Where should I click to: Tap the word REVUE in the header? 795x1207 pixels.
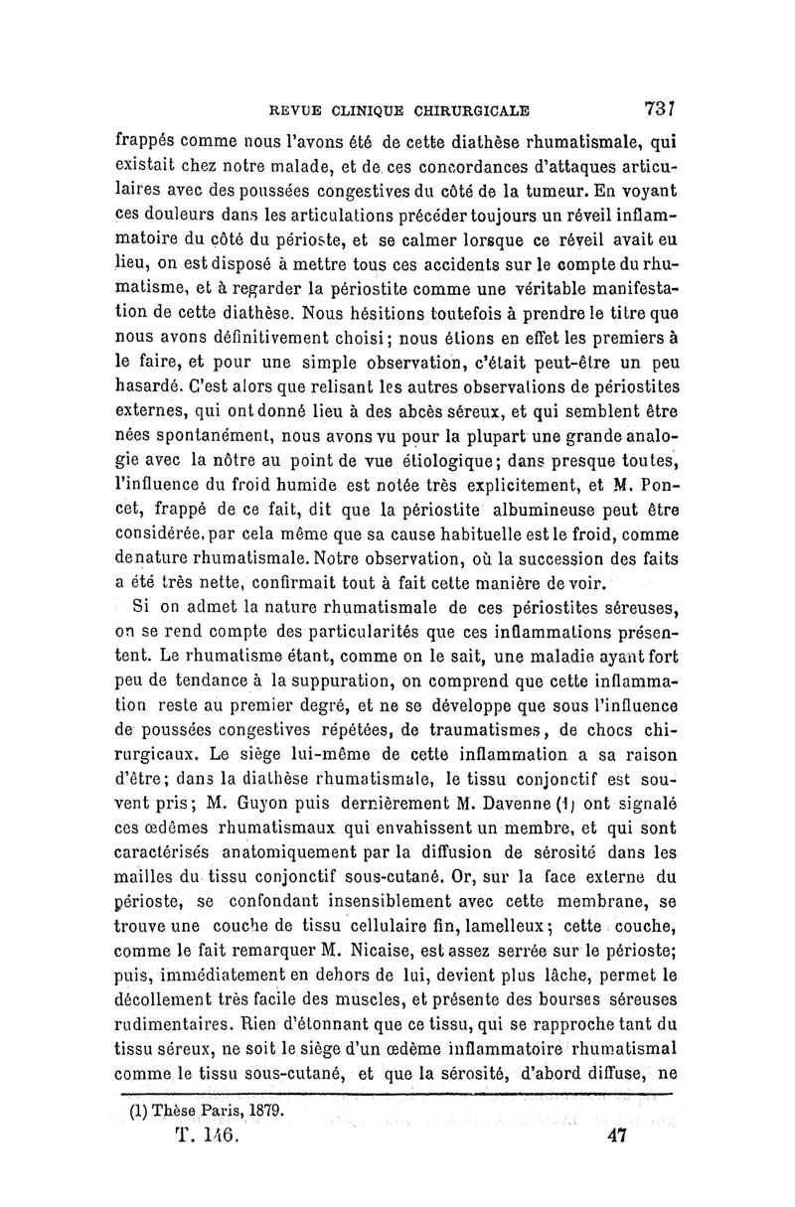289,110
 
